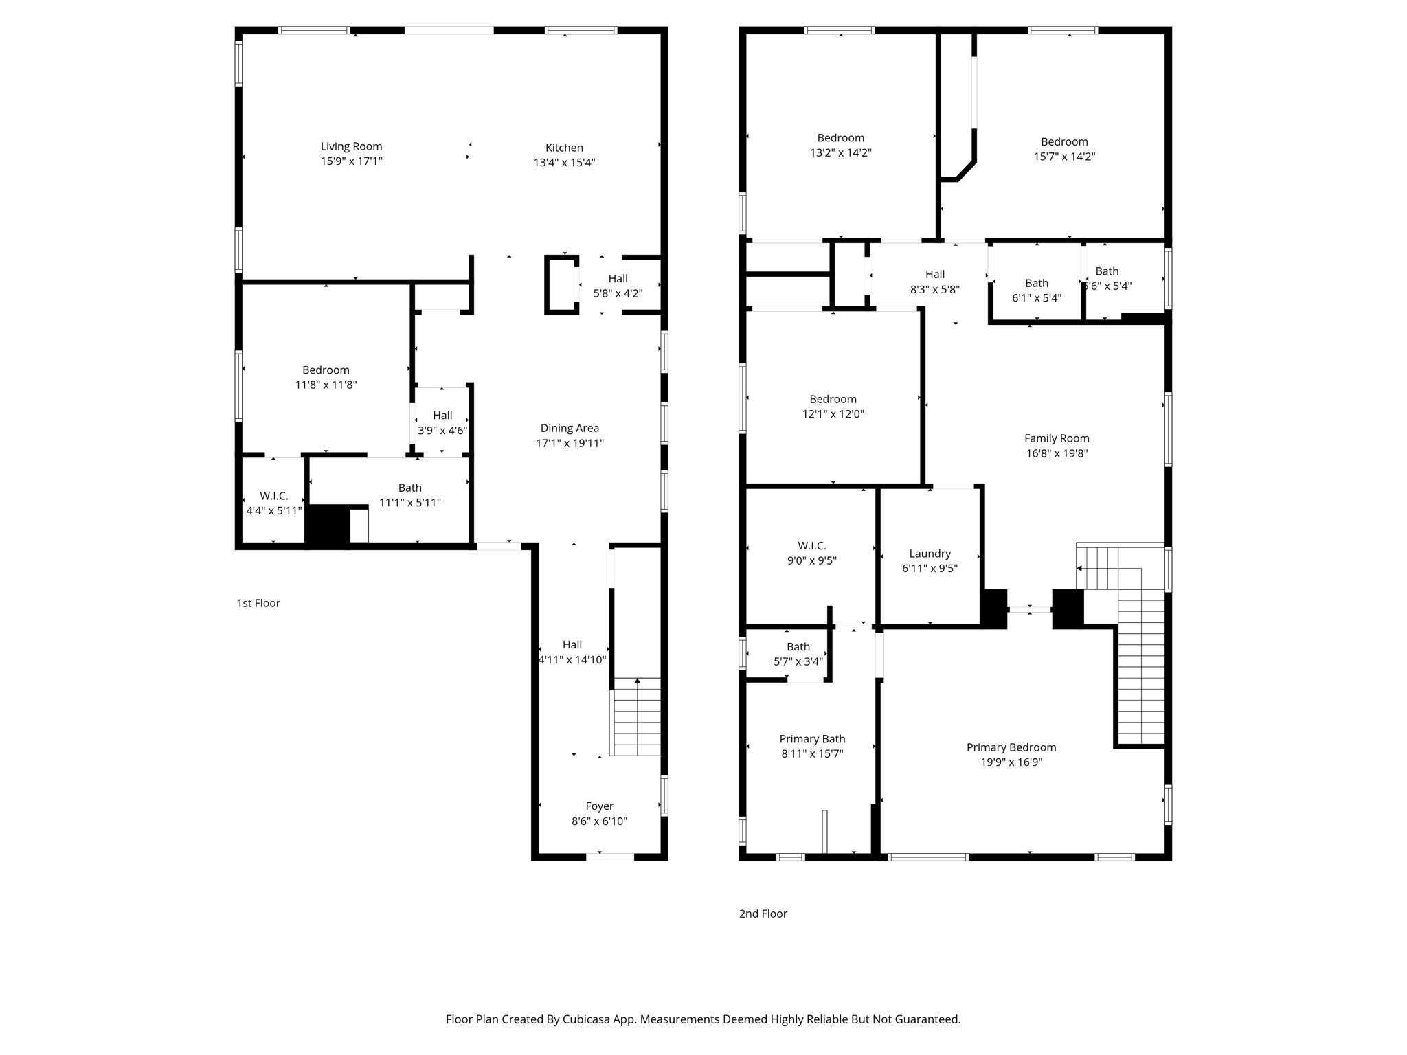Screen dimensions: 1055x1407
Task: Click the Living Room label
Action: point(351,146)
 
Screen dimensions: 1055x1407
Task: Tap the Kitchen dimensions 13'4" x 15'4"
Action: point(564,163)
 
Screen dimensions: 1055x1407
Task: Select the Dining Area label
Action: point(570,428)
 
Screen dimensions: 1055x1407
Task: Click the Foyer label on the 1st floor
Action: point(599,806)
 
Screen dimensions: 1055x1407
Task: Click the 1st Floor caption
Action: point(258,603)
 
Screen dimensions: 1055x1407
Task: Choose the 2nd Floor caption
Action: point(763,914)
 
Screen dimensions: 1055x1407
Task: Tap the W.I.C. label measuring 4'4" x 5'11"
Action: point(273,496)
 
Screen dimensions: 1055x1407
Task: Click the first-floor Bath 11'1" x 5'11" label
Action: point(409,488)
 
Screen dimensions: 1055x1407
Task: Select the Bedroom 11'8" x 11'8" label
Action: point(326,370)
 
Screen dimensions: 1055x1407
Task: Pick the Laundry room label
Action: point(930,554)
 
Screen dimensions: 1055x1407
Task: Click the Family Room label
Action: point(1056,438)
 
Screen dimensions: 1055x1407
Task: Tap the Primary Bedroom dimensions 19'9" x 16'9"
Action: point(1011,762)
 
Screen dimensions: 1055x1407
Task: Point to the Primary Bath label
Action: point(812,739)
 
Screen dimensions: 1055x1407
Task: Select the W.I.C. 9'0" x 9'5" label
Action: point(811,546)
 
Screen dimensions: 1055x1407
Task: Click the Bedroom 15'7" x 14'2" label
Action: point(1064,142)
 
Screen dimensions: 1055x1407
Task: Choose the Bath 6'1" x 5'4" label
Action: point(1037,283)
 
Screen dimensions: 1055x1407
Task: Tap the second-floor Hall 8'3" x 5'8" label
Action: point(934,274)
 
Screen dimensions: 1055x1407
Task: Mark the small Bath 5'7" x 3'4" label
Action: point(798,647)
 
